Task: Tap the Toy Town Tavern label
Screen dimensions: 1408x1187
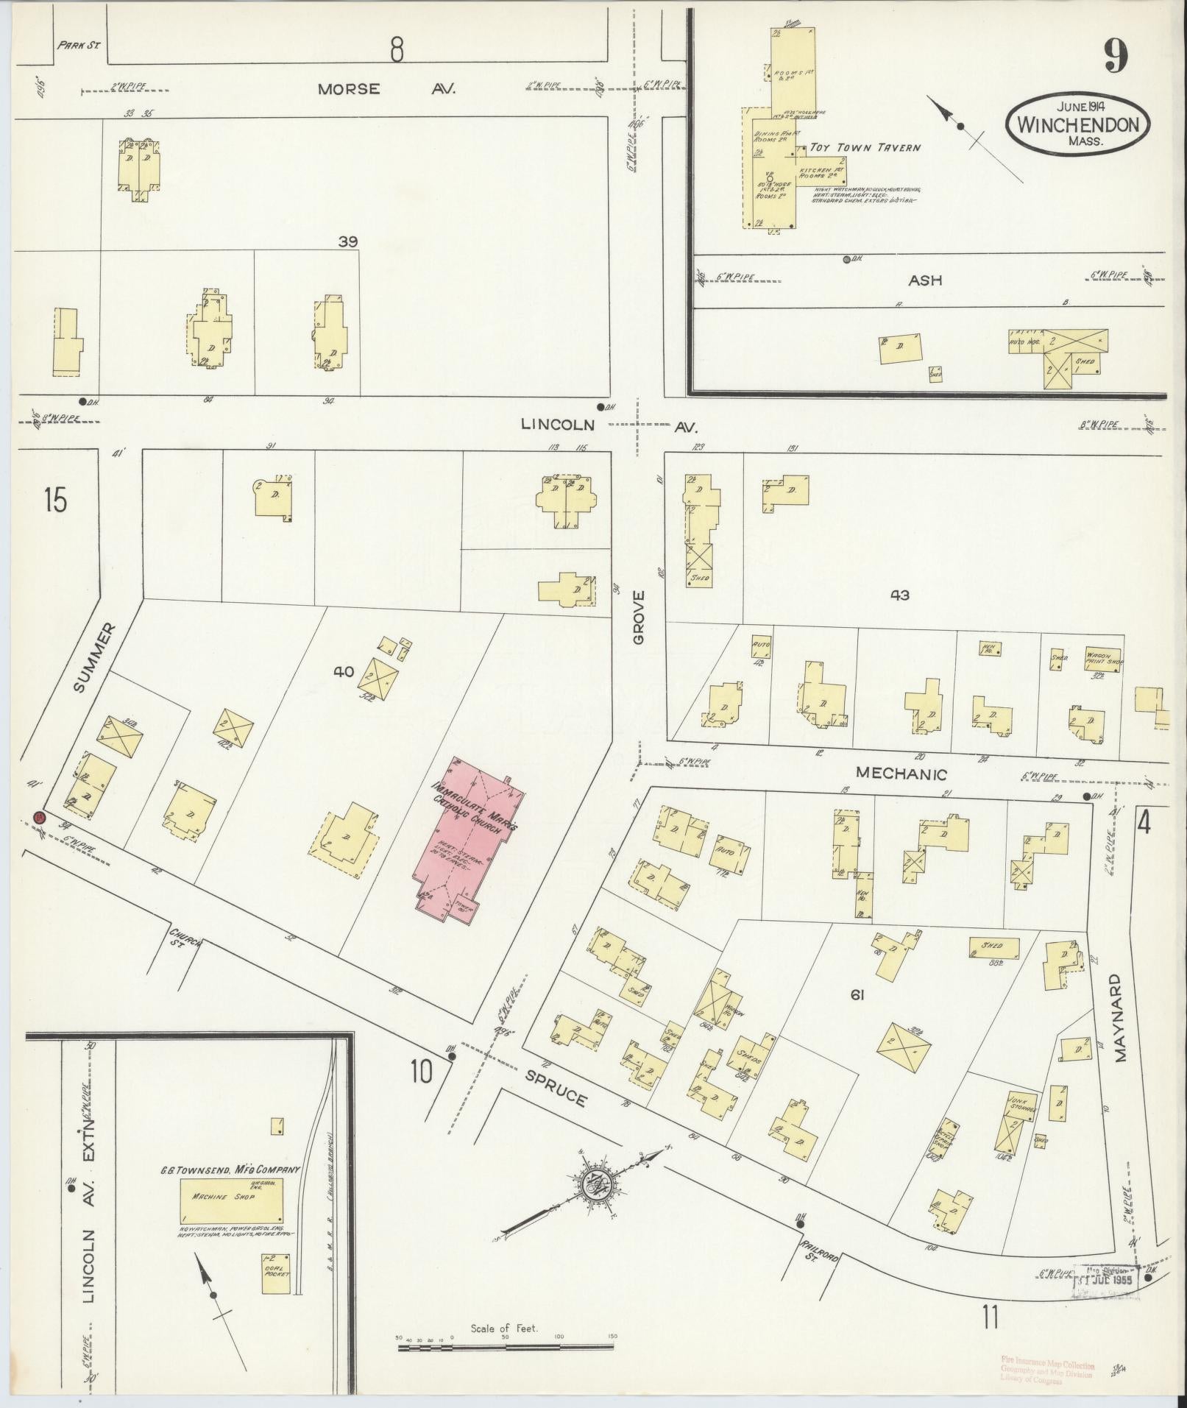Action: (x=865, y=148)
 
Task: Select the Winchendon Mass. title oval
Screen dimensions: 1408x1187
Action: (x=1077, y=124)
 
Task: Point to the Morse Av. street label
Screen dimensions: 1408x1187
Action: (x=386, y=89)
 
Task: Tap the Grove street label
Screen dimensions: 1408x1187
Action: (x=637, y=617)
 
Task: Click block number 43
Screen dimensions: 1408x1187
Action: (x=899, y=595)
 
